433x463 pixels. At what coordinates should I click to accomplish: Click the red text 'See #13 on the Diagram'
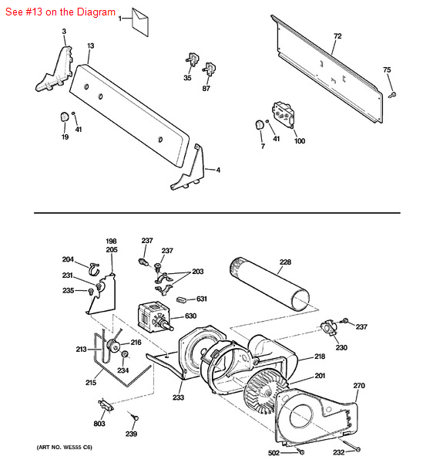(60, 12)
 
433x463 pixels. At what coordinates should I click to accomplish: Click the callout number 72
(337, 36)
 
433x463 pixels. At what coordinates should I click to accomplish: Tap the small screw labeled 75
(392, 95)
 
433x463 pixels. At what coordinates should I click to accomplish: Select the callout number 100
(300, 141)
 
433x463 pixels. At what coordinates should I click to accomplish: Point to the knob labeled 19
(64, 117)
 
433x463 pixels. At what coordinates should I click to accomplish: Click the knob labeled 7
(260, 124)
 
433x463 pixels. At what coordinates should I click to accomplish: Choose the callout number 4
(218, 170)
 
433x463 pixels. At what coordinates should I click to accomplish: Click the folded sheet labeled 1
(140, 22)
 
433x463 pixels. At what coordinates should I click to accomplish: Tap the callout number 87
(206, 88)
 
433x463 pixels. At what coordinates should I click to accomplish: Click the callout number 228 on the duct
(285, 262)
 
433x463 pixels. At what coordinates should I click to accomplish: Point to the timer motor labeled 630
(155, 316)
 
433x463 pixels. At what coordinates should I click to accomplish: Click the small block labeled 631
(181, 299)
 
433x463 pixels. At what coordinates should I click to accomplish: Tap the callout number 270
(359, 385)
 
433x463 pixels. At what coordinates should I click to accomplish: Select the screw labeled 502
(300, 451)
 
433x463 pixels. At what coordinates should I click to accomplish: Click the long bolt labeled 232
(351, 445)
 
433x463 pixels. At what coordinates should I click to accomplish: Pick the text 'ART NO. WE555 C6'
(64, 448)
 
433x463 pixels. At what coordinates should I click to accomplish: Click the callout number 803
(99, 424)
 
